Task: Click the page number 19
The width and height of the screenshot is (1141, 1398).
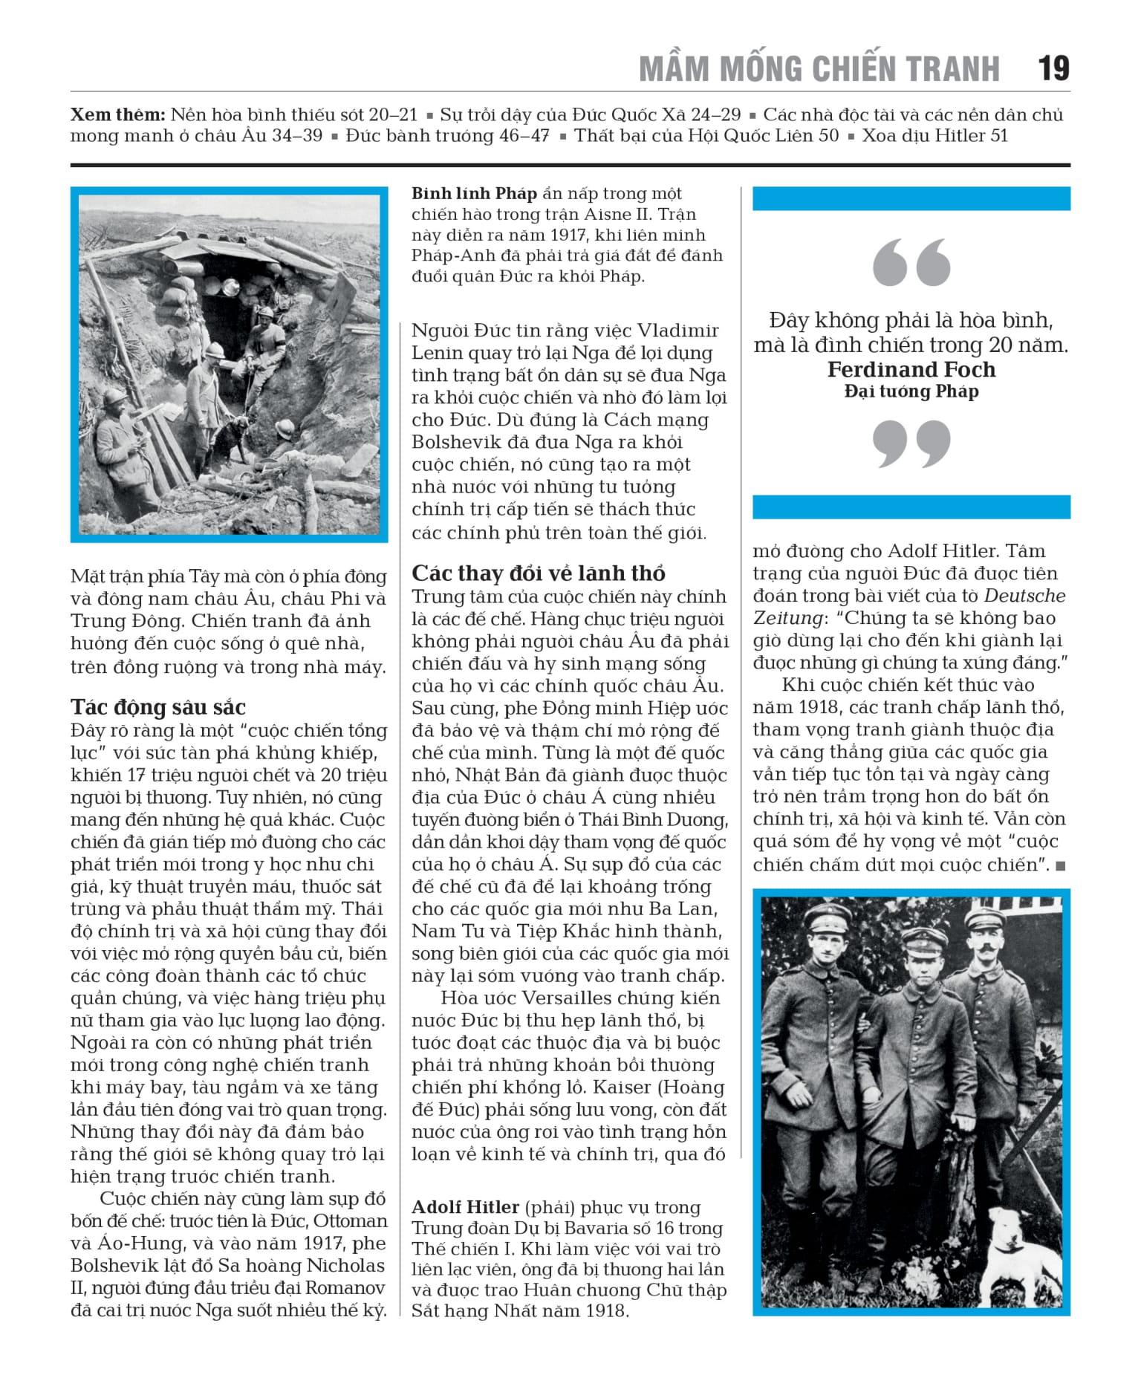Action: click(x=1053, y=68)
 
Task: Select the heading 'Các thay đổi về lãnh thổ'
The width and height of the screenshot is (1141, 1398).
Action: click(x=538, y=573)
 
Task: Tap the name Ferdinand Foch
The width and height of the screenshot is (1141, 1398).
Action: click(x=911, y=369)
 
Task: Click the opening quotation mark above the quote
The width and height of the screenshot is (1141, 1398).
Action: click(x=911, y=262)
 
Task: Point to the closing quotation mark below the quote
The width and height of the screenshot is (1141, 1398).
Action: click(x=911, y=444)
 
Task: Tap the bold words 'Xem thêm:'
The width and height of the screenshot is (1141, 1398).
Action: click(x=117, y=115)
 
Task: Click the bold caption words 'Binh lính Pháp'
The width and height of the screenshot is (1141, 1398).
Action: click(x=474, y=194)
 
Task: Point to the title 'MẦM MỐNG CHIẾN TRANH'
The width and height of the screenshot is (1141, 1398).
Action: click(x=819, y=68)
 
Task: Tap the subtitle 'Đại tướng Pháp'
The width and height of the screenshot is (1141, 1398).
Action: click(x=911, y=391)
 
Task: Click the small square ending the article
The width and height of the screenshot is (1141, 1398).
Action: click(x=1059, y=865)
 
